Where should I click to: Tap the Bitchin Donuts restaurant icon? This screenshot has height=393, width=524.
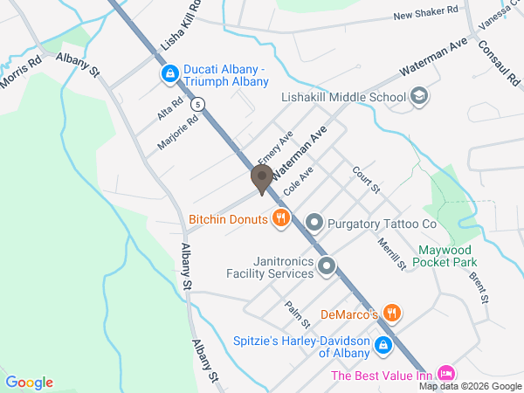280,218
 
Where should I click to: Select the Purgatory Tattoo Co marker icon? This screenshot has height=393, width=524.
315,224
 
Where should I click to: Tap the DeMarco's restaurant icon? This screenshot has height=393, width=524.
392,313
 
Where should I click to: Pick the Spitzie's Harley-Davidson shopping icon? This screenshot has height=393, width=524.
383,346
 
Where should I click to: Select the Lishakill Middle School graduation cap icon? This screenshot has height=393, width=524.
419,97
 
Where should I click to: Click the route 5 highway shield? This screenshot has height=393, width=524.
200,104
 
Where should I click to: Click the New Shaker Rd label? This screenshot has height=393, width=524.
425,14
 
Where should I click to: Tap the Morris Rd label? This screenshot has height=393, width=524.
21,72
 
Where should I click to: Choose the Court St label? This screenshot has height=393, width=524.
367,179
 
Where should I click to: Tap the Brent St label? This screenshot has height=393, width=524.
478,289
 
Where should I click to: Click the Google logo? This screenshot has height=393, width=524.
30,382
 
